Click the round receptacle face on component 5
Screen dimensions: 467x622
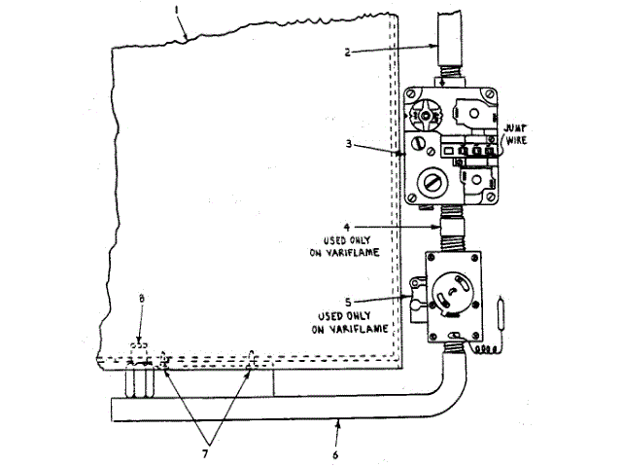454,292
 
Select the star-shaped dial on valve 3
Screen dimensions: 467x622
424,114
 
